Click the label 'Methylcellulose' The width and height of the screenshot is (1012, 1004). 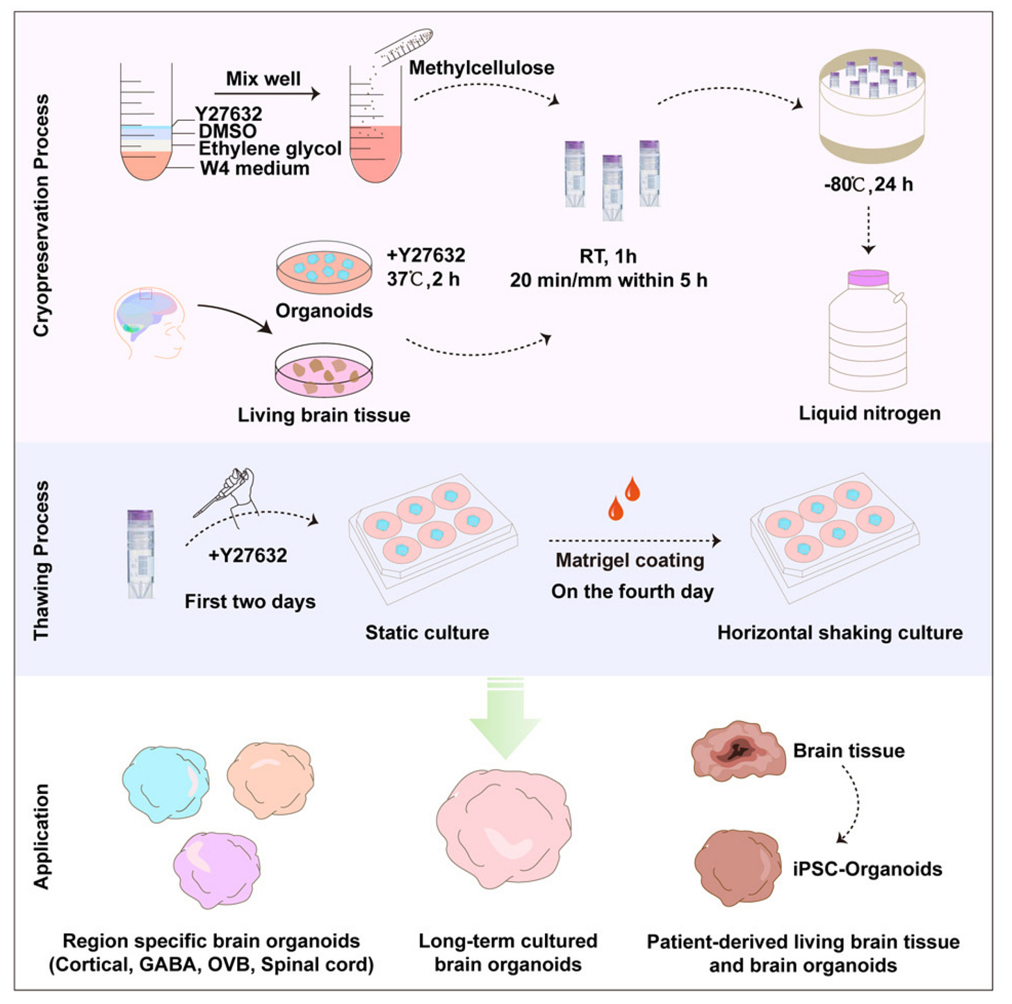point(481,68)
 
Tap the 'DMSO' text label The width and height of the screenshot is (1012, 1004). point(227,131)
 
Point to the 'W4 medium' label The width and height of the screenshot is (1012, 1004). point(254,168)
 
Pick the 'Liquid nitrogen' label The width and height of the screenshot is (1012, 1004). point(870,413)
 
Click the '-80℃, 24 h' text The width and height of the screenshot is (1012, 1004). point(868,184)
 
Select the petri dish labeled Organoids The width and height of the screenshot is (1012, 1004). point(324,268)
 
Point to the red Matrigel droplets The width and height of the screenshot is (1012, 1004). point(623,499)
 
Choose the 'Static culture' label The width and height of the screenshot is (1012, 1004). point(427,633)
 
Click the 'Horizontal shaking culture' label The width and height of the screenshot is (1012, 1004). point(840,633)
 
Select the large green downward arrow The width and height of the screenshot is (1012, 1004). point(505,720)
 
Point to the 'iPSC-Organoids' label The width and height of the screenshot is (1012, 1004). point(867,869)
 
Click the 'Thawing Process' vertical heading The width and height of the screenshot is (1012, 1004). point(42,560)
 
